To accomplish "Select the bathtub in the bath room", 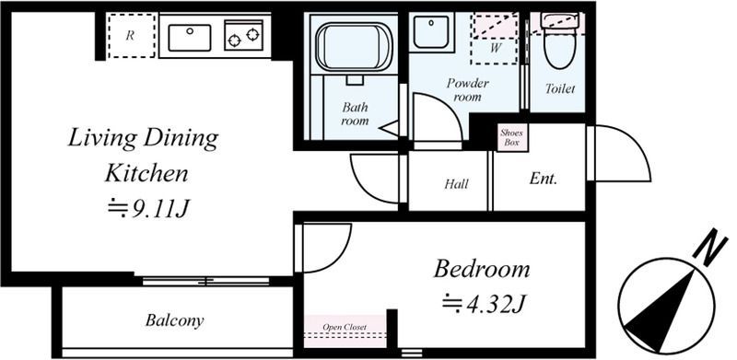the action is (x=355, y=46).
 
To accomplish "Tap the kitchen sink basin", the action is (x=190, y=38).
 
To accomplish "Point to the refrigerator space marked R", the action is (x=131, y=36).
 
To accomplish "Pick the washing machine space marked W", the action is (x=495, y=39).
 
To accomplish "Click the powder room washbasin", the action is (x=431, y=32).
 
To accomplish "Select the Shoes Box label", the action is (x=511, y=137).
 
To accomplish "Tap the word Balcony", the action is (x=174, y=320).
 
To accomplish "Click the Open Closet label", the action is (x=345, y=327).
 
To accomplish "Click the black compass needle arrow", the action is (x=661, y=311).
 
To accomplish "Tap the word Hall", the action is (x=456, y=184).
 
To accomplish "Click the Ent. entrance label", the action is (x=543, y=179).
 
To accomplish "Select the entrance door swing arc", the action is (x=629, y=142).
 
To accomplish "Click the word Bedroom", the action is (x=482, y=269).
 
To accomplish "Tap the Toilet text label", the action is (x=560, y=88).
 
